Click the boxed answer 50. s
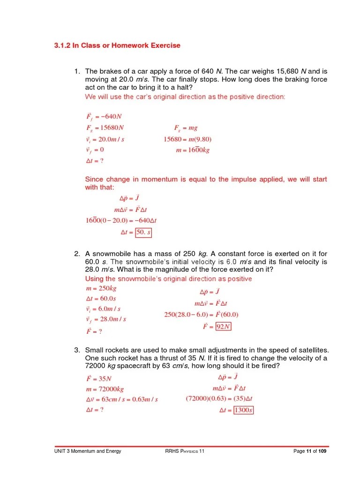143,232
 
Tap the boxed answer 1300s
243,411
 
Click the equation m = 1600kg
193,150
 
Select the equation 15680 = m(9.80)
187,139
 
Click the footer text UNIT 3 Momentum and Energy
88,451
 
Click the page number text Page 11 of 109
310,451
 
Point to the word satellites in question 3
311,350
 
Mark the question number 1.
77,71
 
